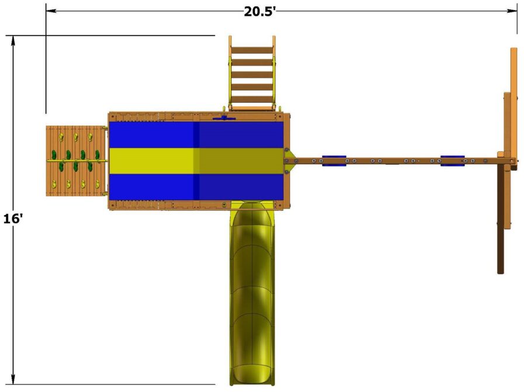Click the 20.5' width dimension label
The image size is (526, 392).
(260, 11)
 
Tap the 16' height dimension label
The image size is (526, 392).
(12, 218)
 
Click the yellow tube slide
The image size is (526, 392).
(252, 292)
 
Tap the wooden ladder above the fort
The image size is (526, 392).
(252, 73)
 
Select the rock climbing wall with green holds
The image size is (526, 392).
(75, 161)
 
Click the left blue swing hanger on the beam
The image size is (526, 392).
(334, 160)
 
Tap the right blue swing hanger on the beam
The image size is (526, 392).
(452, 160)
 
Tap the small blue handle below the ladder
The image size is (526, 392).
(223, 119)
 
